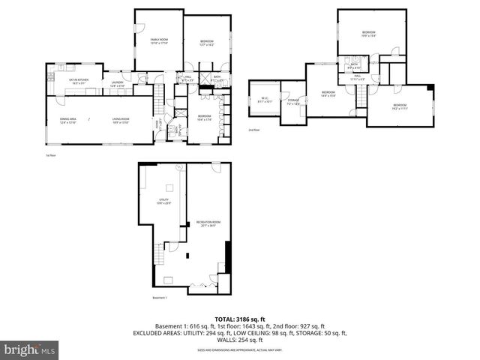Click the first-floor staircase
click(158, 96)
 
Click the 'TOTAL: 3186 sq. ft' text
click(240, 319)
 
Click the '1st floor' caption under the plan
click(51, 155)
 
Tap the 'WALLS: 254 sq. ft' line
click(240, 340)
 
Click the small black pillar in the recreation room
click(219, 267)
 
